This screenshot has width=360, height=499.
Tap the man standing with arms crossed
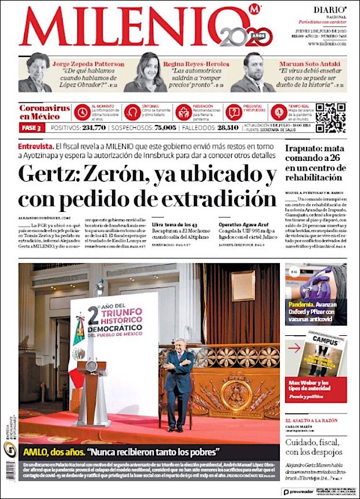(x=179, y=383)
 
